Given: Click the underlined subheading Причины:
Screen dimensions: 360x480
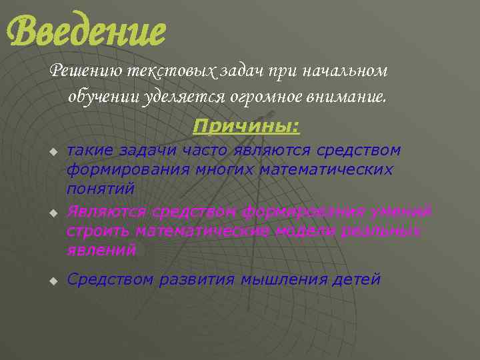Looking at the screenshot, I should click(x=247, y=126).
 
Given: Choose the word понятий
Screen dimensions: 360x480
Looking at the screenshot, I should click(x=101, y=189).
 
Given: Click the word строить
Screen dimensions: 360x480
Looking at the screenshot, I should click(x=99, y=231).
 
